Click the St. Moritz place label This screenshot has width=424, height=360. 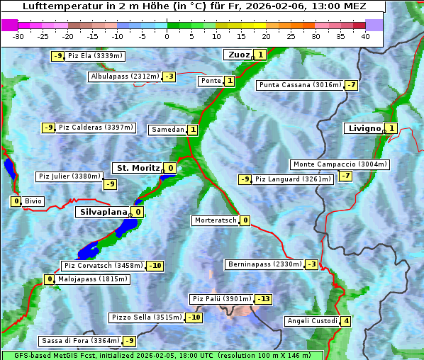tap(138, 168)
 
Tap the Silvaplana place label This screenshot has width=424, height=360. tap(103, 211)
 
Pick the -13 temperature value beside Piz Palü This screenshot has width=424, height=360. tap(263, 299)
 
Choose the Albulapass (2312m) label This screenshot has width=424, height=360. tap(124, 77)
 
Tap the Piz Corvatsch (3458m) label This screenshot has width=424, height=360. tap(103, 266)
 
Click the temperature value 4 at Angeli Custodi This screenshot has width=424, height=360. tap(345, 321)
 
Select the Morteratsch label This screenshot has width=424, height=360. tap(215, 220)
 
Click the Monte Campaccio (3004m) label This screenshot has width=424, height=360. tap(340, 164)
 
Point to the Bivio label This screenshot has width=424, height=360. tap(33, 201)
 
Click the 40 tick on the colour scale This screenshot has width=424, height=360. tap(365, 36)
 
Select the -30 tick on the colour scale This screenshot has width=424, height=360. tap(19, 36)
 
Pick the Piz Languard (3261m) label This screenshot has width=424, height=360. tap(293, 179)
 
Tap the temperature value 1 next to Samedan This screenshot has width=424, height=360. tap(193, 130)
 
